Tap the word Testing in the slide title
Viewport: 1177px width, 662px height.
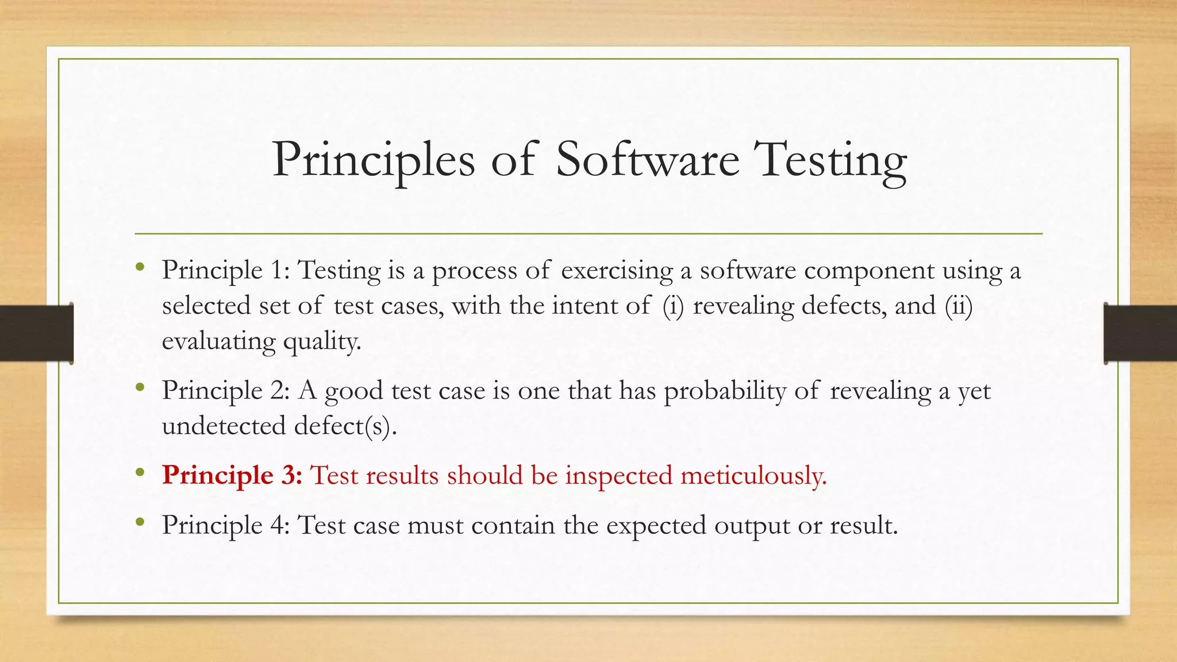click(830, 161)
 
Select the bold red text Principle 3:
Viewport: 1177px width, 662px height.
click(232, 476)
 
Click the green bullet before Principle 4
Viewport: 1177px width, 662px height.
click(140, 522)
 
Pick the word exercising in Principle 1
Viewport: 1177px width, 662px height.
click(617, 271)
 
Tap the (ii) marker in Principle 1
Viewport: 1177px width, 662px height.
click(959, 306)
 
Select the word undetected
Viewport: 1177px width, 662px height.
click(224, 426)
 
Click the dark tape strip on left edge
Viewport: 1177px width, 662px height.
click(36, 333)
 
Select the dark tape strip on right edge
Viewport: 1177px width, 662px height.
click(1140, 333)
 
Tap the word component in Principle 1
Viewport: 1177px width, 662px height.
click(868, 271)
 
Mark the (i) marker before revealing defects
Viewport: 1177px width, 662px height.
click(673, 306)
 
